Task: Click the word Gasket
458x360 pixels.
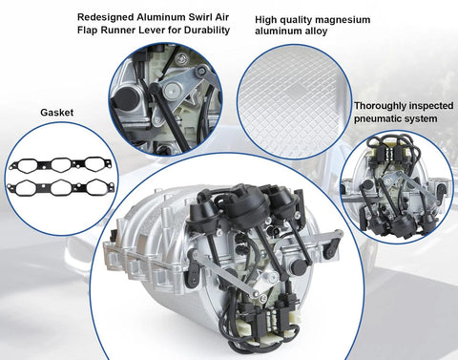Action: [x=57, y=113]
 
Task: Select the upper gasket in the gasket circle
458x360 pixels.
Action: [x=60, y=164]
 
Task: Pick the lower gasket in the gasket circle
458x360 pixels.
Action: [x=60, y=187]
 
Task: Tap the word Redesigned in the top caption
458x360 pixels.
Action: [x=105, y=17]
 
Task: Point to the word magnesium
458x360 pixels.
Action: [x=345, y=20]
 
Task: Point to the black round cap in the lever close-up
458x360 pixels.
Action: [x=125, y=97]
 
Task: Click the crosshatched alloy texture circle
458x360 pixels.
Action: [x=295, y=101]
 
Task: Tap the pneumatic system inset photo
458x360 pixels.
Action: [x=397, y=186]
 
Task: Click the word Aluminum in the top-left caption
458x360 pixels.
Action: [x=160, y=17]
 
